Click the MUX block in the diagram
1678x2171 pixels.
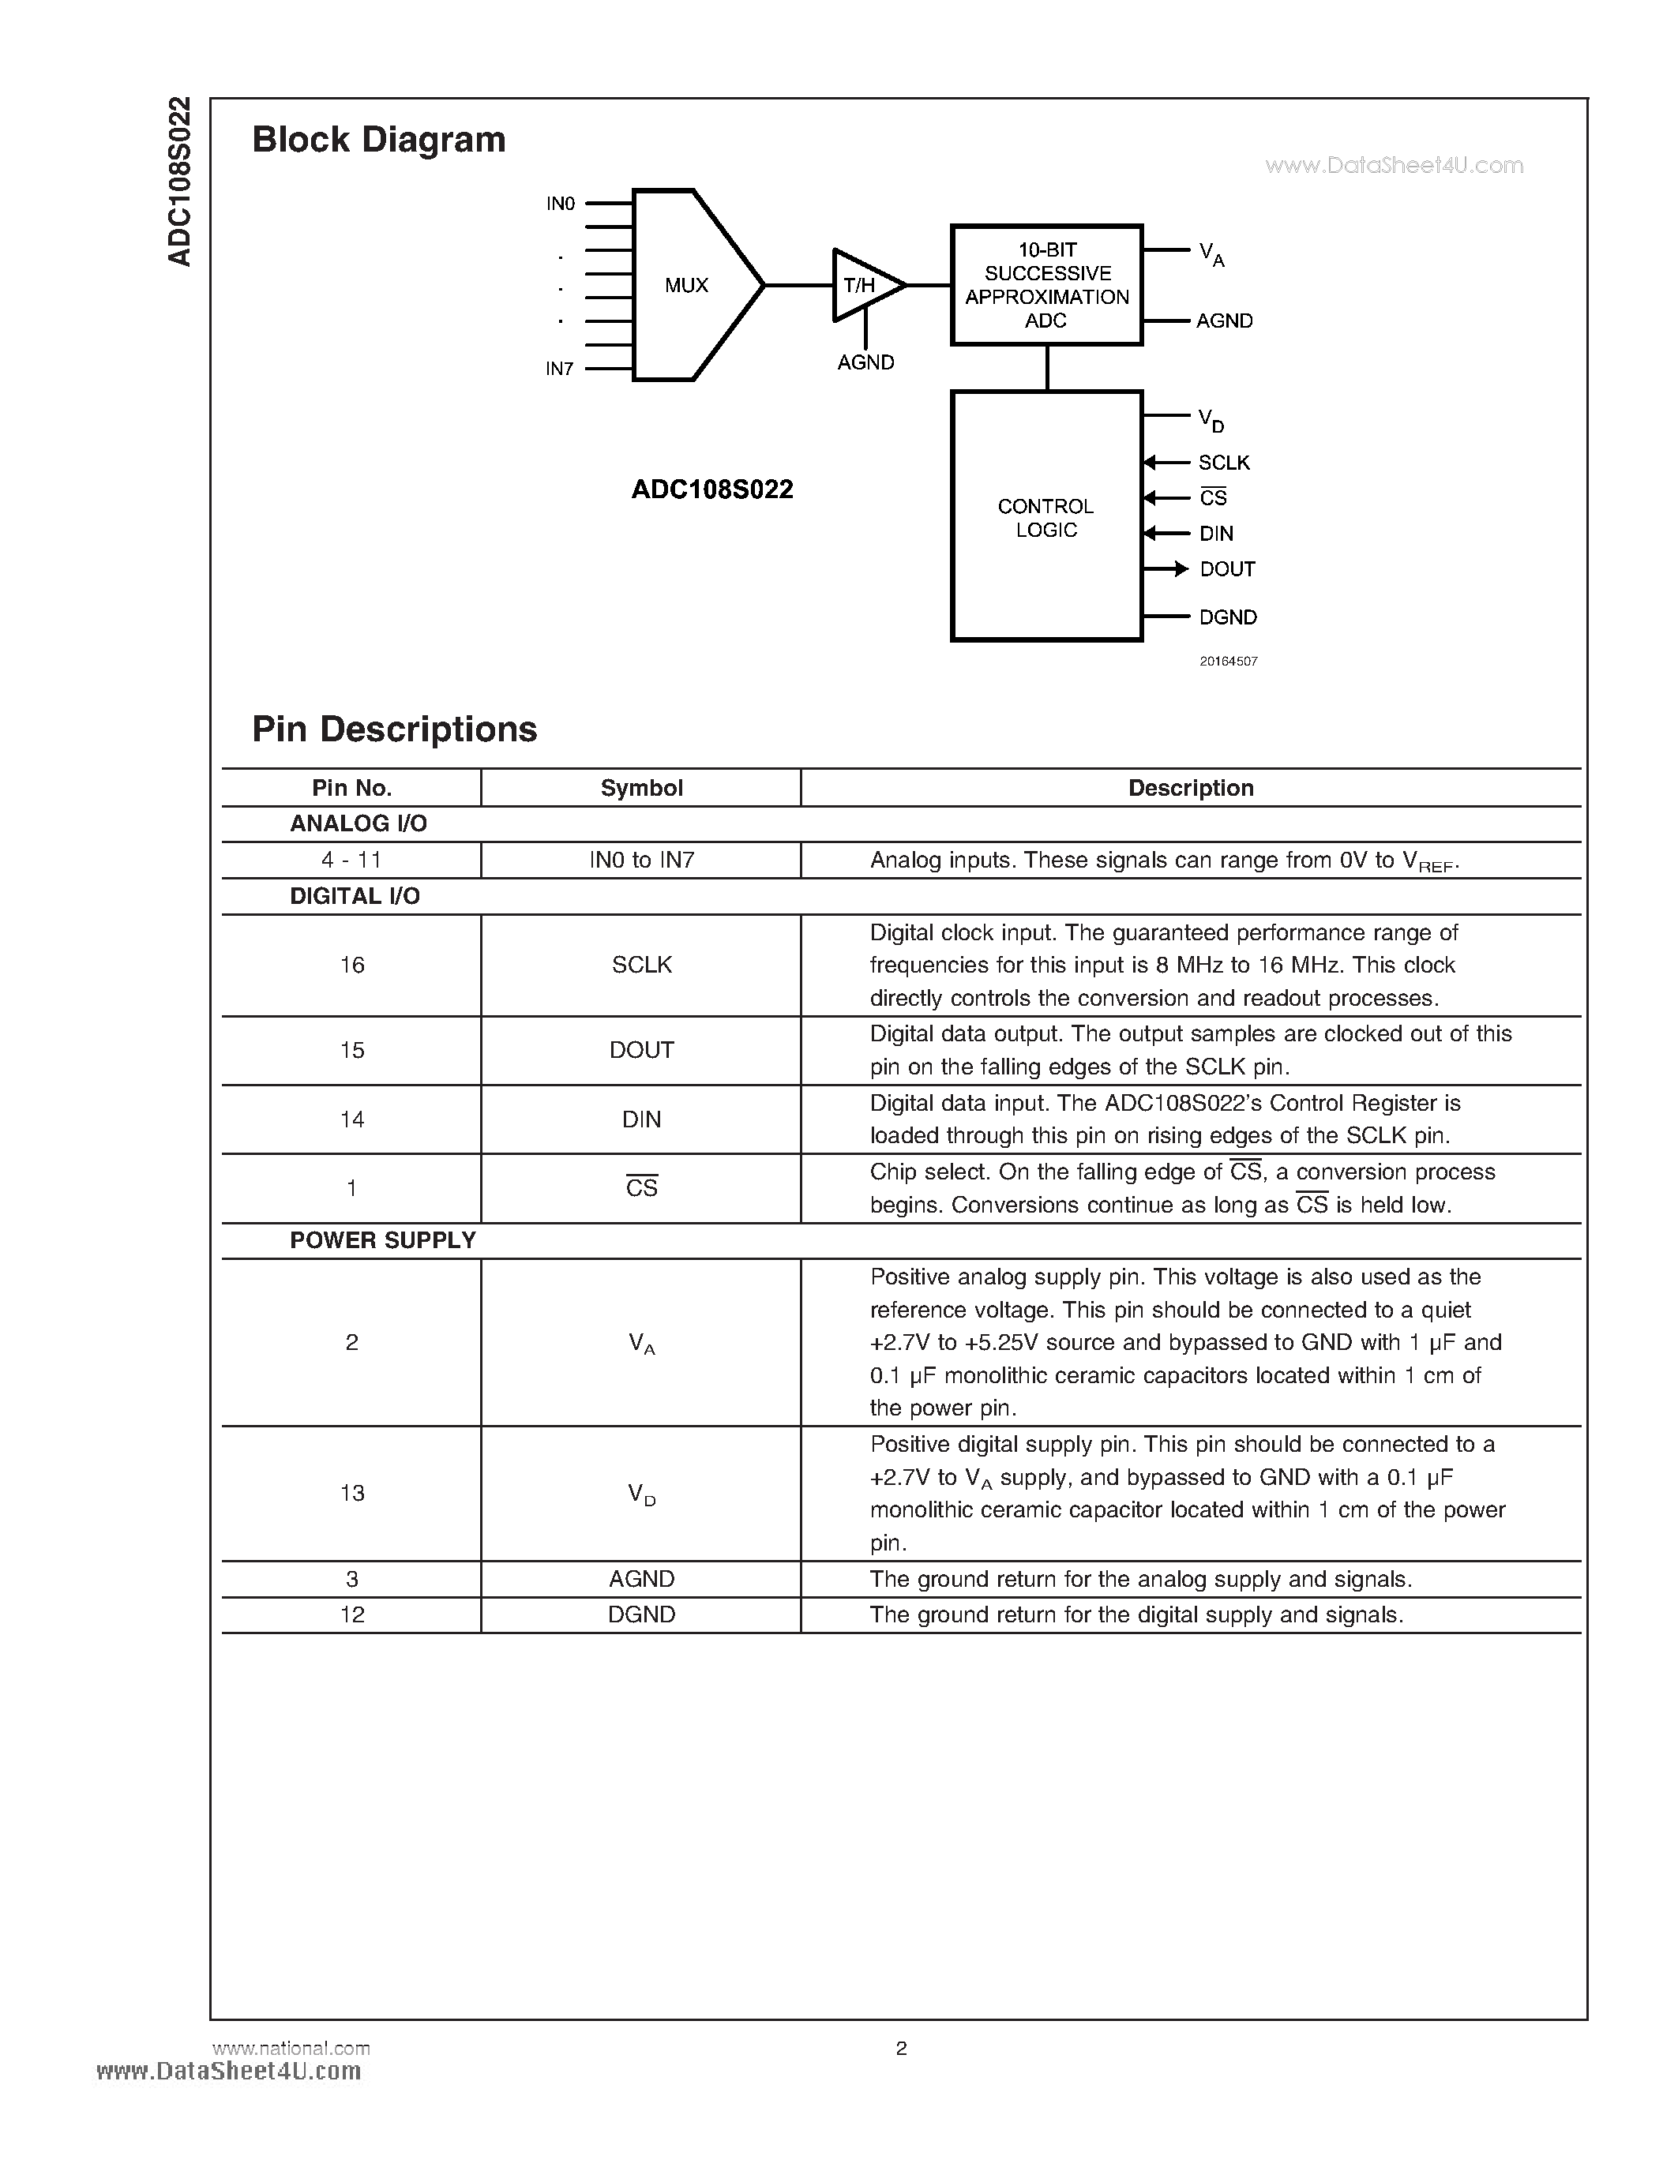coord(686,285)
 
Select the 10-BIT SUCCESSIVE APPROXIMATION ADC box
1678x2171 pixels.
coord(1047,285)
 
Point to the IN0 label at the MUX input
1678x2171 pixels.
coord(561,204)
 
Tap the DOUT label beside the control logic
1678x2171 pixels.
coord(1228,568)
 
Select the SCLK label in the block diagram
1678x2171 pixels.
coord(1224,463)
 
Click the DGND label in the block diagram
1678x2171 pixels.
coord(1228,617)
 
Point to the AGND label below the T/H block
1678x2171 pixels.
coord(865,363)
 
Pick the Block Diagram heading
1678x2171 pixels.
coord(379,139)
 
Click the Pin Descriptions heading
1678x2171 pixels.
coord(395,729)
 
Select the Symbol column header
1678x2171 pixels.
coord(641,789)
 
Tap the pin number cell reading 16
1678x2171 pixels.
coord(352,966)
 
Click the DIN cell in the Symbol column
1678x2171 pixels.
coord(641,1119)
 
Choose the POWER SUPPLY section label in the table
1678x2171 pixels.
coord(383,1240)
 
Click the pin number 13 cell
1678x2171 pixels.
coord(352,1493)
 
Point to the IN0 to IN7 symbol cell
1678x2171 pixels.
coord(641,860)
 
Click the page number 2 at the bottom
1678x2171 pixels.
coord(901,2048)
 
